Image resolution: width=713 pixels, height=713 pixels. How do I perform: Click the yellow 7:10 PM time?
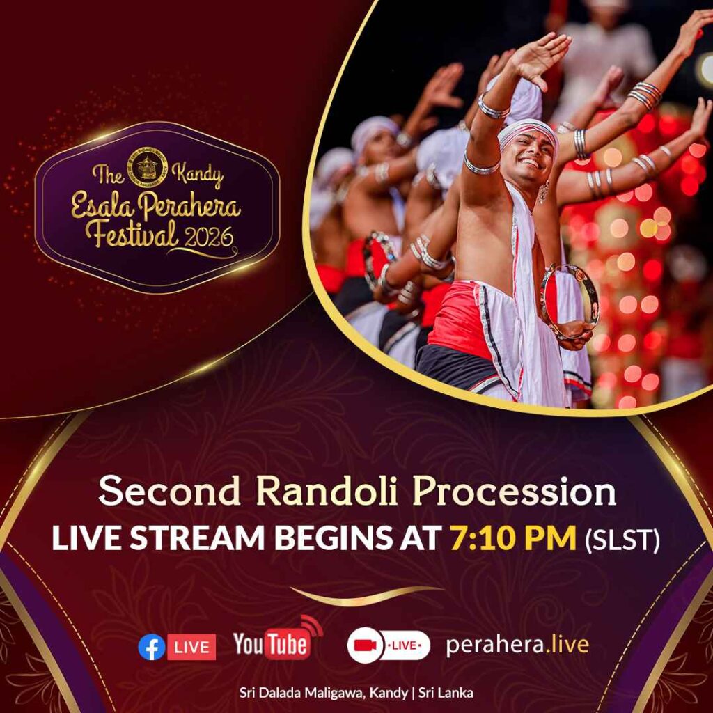coord(513,538)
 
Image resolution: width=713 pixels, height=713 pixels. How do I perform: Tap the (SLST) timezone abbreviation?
coord(622,540)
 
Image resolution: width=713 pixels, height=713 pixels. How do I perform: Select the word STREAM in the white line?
coord(197,538)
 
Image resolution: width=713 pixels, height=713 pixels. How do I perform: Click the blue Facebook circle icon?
coord(151,647)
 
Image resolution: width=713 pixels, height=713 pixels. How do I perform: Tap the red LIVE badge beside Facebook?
coord(191,647)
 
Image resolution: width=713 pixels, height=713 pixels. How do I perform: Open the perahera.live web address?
coord(517,644)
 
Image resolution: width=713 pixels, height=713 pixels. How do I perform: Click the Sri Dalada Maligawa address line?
coord(356,693)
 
